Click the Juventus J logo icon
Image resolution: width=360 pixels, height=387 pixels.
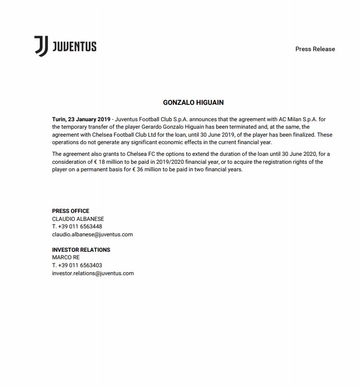pyautogui.click(x=41, y=46)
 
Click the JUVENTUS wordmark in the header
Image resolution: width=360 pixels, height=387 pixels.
pyautogui.click(x=74, y=46)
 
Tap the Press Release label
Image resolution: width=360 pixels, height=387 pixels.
pyautogui.click(x=315, y=49)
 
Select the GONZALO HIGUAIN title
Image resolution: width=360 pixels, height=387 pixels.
pyautogui.click(x=193, y=102)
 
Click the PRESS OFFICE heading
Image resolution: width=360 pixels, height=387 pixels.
pyautogui.click(x=71, y=211)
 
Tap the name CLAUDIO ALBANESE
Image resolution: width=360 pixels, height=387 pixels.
pyautogui.click(x=78, y=219)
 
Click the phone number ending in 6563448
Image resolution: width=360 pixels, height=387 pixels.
pyautogui.click(x=77, y=226)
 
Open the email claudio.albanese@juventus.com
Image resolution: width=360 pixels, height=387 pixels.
pyautogui.click(x=92, y=234)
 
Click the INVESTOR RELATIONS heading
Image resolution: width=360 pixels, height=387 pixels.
pyautogui.click(x=81, y=250)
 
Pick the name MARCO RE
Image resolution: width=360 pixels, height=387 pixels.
pyautogui.click(x=66, y=257)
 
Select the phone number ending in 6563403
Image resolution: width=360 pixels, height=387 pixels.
pyautogui.click(x=77, y=265)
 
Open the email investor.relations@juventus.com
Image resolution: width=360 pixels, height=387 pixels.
pyautogui.click(x=93, y=273)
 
